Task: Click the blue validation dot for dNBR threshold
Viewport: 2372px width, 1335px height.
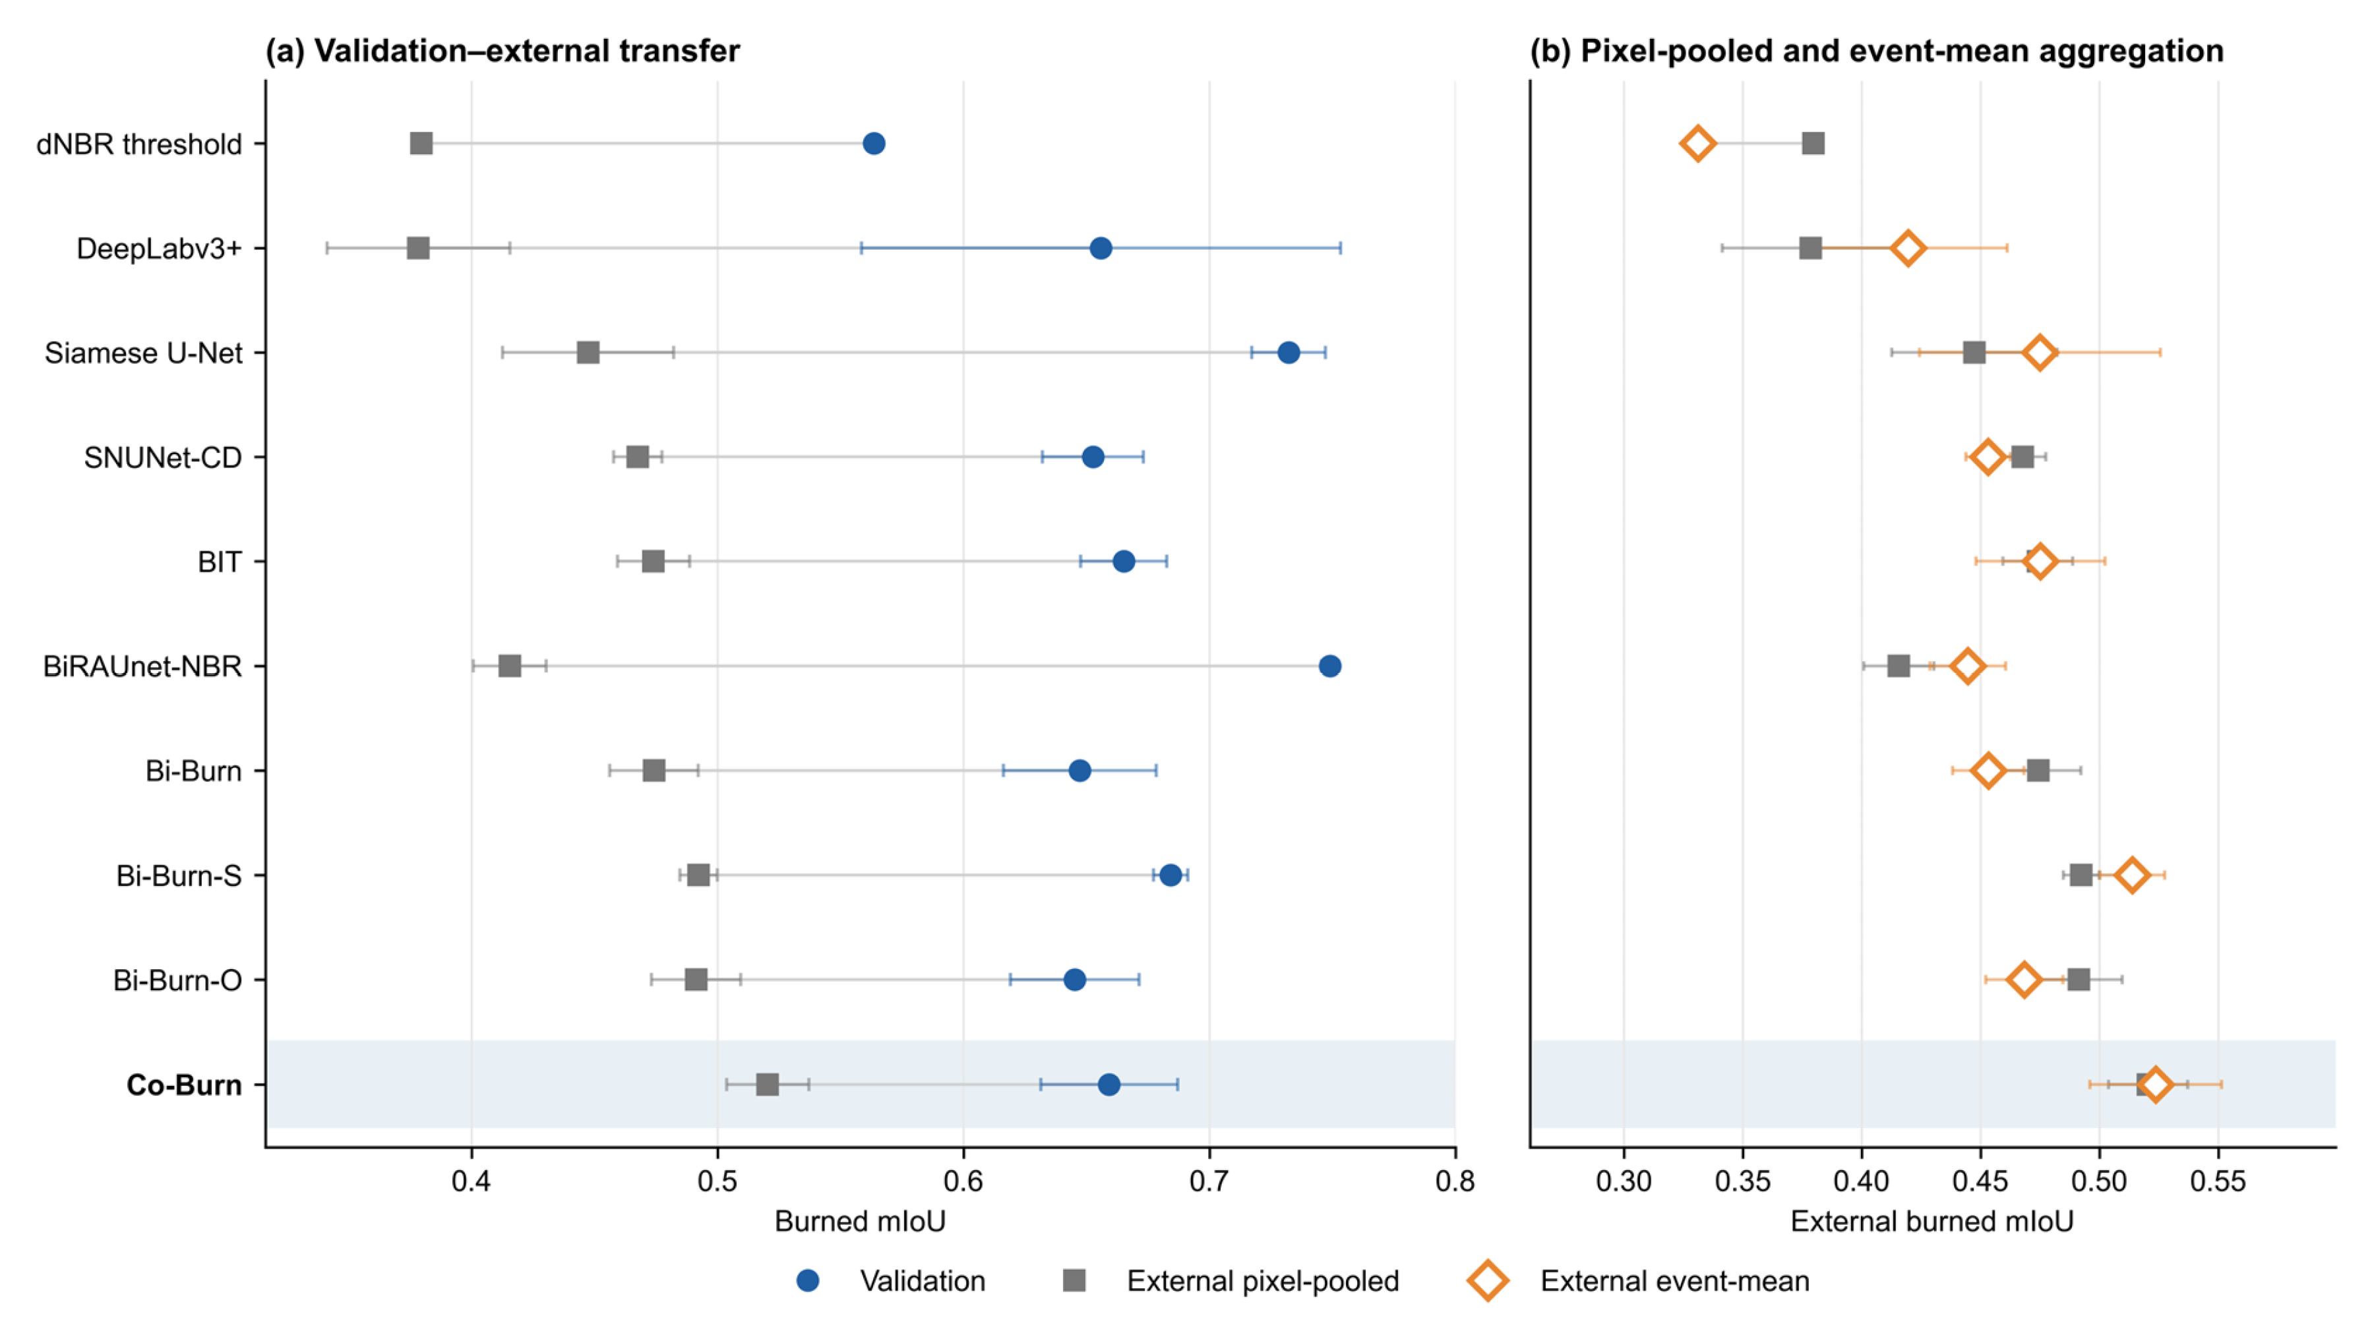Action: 874,144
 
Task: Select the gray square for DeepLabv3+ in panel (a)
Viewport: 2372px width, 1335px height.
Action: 418,248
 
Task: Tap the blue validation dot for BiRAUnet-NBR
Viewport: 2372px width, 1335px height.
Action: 1329,666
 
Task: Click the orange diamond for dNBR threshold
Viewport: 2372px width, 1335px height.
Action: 1697,144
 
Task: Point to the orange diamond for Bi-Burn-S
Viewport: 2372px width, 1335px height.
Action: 2132,875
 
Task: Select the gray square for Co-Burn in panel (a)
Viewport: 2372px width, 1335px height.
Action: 767,1084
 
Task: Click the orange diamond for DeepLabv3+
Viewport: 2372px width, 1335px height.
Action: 1908,248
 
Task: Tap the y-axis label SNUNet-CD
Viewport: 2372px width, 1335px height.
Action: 162,458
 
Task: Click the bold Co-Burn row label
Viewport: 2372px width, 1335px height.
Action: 184,1084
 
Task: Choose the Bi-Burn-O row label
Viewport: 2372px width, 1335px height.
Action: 177,980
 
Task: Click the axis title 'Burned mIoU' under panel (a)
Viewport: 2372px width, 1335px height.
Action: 860,1221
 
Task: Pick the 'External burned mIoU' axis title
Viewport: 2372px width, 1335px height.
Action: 1932,1221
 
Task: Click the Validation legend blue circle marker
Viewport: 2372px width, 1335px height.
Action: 808,1281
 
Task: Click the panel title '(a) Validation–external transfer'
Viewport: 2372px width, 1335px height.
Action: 502,51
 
